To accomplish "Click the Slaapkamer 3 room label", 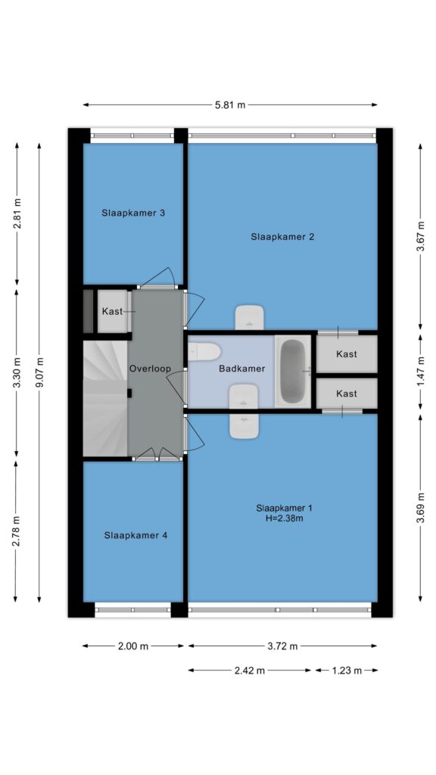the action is pos(133,213).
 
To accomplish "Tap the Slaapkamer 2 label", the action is pos(282,237).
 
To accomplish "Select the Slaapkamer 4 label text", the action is pos(136,535).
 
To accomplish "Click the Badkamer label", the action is pos(242,369).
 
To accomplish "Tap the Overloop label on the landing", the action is pos(150,369).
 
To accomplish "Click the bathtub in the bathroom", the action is pos(293,372).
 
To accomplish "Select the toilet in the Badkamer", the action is pos(204,352).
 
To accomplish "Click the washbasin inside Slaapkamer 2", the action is pos(249,318).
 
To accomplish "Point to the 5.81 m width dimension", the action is pos(230,104).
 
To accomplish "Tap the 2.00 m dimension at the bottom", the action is pos(133,646).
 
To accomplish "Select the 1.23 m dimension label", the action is pos(347,671).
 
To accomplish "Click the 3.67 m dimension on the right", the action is pos(421,236).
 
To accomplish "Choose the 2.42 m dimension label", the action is pos(250,671).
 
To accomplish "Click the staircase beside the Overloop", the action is pos(105,398).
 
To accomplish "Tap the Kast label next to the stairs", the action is pos(112,312).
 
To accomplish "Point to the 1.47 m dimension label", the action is pos(421,372).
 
